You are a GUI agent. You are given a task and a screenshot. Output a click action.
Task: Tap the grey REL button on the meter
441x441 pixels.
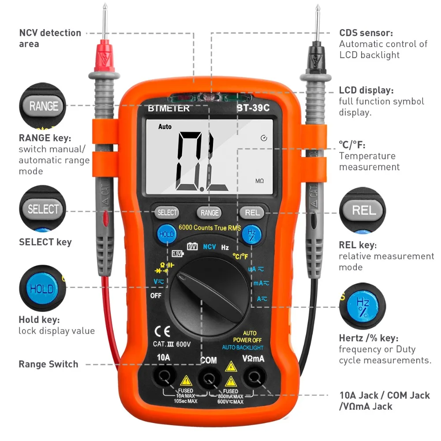pos(252,213)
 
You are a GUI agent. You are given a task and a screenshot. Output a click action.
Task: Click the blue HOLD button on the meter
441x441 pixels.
pos(167,234)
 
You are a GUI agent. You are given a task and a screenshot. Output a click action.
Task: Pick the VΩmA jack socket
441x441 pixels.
pos(253,377)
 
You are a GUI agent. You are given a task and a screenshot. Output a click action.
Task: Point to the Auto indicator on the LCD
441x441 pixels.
pos(165,127)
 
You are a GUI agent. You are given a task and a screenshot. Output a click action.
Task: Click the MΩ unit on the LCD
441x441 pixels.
pos(259,181)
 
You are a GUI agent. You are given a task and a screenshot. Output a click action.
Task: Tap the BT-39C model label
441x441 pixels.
pos(253,108)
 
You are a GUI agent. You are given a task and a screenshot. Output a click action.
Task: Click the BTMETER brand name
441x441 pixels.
pos(169,108)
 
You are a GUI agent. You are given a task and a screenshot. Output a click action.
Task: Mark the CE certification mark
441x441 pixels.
pos(159,332)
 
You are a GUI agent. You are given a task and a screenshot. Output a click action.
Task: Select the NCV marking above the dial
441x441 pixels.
pos(209,247)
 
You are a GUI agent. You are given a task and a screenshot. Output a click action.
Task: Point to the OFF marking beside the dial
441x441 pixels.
pos(156,295)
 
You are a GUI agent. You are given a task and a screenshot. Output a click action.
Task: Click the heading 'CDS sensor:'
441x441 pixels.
pos(366,33)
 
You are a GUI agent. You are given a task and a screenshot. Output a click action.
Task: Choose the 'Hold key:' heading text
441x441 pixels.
pos(39,320)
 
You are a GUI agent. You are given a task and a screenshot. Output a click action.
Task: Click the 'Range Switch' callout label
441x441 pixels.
pos(48,364)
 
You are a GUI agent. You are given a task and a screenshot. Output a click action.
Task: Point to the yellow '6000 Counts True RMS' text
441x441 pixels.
pos(209,228)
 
